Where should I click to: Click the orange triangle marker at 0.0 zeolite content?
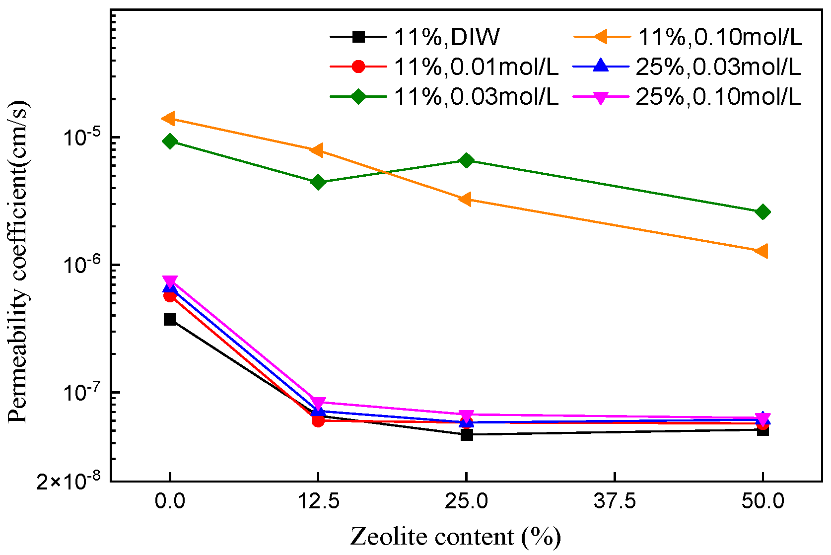point(169,118)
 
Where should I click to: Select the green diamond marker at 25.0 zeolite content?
point(466,160)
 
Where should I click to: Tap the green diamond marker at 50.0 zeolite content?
point(762,212)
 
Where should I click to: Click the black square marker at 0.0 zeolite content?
point(170,319)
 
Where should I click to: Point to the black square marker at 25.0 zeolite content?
point(466,435)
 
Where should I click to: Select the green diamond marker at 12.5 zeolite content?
point(318,182)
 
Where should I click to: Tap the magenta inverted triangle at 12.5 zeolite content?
point(318,403)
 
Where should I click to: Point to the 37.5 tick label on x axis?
point(615,501)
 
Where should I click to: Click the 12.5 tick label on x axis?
point(318,501)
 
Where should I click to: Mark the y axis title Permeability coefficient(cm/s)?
point(19,262)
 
